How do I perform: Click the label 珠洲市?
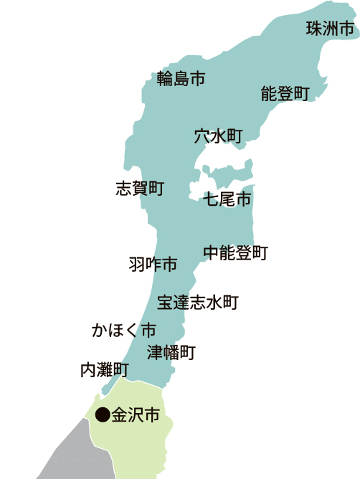pyautogui.click(x=330, y=29)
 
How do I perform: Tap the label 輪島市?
pyautogui.click(x=181, y=79)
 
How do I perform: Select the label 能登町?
pyautogui.click(x=285, y=94)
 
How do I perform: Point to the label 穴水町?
pyautogui.click(x=219, y=136)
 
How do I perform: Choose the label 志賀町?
pyautogui.click(x=140, y=189)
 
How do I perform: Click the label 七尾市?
pyautogui.click(x=227, y=199)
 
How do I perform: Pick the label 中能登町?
pyautogui.click(x=235, y=252)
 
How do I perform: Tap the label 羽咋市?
pyautogui.click(x=153, y=265)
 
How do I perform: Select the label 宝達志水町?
pyautogui.click(x=198, y=302)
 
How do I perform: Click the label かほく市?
pyautogui.click(x=124, y=331)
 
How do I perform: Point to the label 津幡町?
pyautogui.click(x=171, y=352)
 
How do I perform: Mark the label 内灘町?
pyautogui.click(x=104, y=370)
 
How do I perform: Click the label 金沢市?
pyautogui.click(x=136, y=414)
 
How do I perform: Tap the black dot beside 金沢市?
pyautogui.click(x=103, y=414)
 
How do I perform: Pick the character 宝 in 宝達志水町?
pyautogui.click(x=165, y=302)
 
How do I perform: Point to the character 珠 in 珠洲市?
pyautogui.click(x=314, y=29)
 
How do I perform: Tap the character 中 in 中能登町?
pyautogui.click(x=211, y=252)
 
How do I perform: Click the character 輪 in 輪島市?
pyautogui.click(x=165, y=79)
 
